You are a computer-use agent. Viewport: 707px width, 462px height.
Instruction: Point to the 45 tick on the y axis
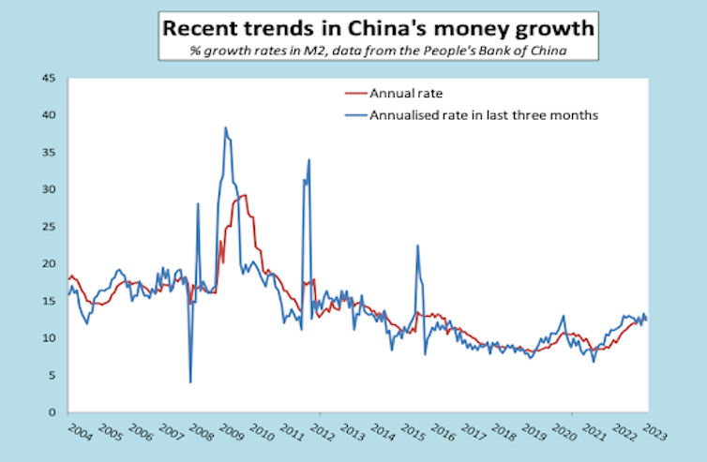coord(49,77)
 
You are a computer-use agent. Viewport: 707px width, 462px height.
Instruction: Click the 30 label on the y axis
coord(49,189)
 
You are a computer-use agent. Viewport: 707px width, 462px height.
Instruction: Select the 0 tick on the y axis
coord(53,412)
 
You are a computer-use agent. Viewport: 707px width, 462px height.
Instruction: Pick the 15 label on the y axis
coord(49,301)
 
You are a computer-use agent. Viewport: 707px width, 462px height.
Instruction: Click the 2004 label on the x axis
coord(81,435)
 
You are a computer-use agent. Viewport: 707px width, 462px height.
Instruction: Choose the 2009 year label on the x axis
coord(233,435)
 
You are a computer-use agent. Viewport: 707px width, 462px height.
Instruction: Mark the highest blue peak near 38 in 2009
coord(225,127)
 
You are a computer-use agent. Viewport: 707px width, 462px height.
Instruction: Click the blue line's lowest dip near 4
coord(190,381)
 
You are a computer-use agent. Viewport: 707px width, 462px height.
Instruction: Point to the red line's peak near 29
coord(244,195)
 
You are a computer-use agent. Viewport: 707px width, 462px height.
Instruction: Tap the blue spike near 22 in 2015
coord(417,246)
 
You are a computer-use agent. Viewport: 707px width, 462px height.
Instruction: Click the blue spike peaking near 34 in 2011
coord(308,160)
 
